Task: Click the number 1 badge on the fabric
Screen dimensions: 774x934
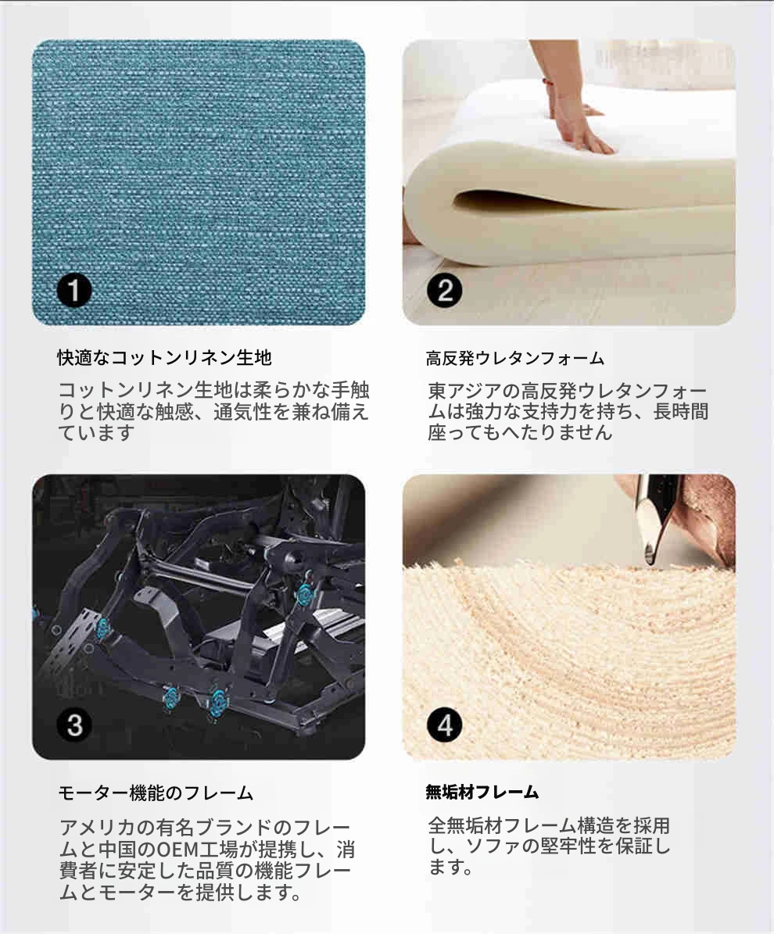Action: point(74,291)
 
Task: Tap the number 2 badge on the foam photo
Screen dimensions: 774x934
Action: point(445,291)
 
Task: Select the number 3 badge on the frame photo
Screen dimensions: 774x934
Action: point(74,725)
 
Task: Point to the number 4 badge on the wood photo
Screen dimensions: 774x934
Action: point(445,725)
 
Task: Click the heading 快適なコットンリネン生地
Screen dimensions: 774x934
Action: point(164,357)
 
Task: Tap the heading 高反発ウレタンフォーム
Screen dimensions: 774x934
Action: point(515,358)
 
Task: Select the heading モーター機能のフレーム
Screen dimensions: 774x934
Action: point(156,793)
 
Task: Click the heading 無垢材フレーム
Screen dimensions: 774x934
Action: point(482,792)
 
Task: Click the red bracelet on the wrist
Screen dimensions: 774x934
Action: point(545,82)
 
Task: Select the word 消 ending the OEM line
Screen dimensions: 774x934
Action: point(346,849)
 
